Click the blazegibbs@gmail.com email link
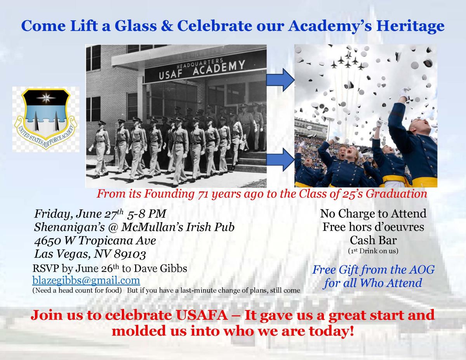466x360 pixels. pos(86,280)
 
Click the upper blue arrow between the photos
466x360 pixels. pos(280,80)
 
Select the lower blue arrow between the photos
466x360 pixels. pos(280,160)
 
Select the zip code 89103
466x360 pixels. pos(130,254)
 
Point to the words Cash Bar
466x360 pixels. pos(373,240)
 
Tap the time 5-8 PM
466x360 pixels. pos(146,214)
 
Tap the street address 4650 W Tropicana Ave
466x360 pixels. pos(95,240)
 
